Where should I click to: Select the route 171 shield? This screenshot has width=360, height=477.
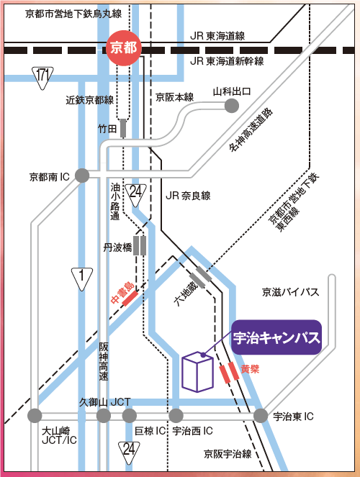click(x=43, y=75)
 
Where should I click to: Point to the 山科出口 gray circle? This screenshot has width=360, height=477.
click(x=232, y=106)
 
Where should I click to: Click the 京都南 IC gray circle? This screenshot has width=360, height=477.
click(x=82, y=175)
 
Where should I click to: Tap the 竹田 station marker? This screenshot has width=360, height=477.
click(x=124, y=128)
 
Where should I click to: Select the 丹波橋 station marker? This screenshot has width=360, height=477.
click(x=140, y=246)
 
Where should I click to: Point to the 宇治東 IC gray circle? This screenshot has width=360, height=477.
click(x=260, y=416)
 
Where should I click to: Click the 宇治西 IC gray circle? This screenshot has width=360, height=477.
click(x=177, y=416)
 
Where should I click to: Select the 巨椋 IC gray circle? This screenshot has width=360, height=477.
click(x=130, y=416)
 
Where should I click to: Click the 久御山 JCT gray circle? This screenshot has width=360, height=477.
click(x=104, y=416)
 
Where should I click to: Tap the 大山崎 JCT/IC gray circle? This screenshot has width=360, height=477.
click(x=35, y=416)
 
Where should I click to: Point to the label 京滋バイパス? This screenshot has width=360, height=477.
click(x=290, y=292)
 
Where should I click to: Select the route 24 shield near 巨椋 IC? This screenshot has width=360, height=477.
click(x=129, y=450)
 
